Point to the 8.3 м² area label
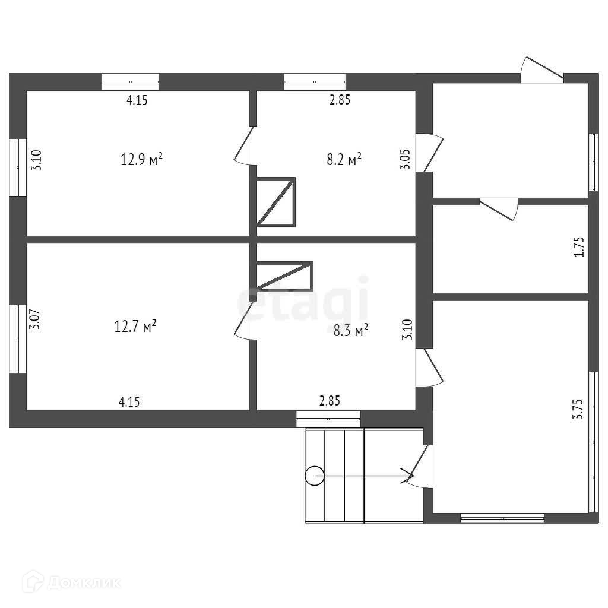point(350,331)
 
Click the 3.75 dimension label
point(578,409)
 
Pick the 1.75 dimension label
point(579,246)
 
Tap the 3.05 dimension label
point(406,160)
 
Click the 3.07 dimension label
point(35,320)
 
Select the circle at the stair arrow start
point(315,475)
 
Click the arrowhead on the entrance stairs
point(408,475)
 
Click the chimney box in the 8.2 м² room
point(275,201)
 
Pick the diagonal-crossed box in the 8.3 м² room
point(284,276)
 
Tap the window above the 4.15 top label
point(130,81)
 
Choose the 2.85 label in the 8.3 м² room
point(330,401)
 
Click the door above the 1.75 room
point(499,209)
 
